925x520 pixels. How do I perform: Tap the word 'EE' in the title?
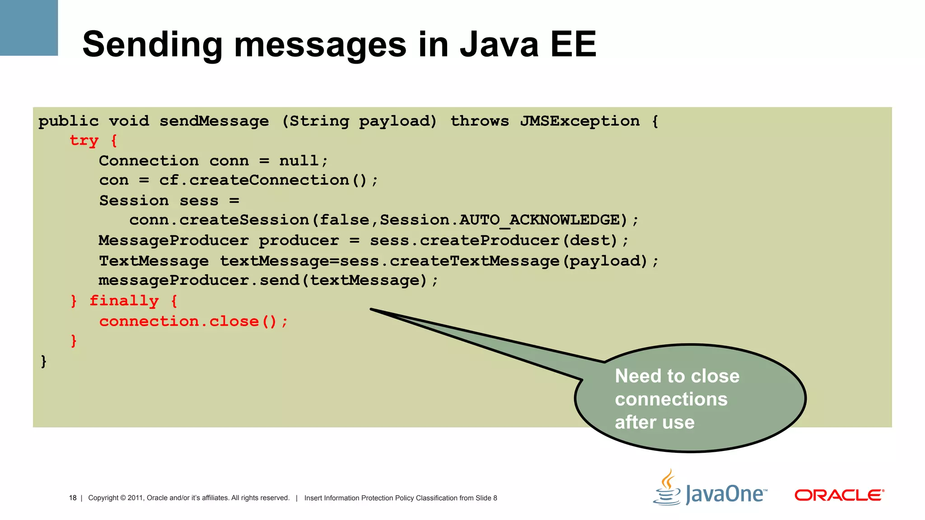[573, 44]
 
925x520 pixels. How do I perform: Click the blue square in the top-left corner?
[28, 28]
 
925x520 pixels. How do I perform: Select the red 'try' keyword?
[84, 140]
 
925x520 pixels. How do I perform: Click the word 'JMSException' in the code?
[579, 121]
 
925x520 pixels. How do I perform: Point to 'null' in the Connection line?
[299, 161]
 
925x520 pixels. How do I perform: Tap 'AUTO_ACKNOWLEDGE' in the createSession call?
[539, 220]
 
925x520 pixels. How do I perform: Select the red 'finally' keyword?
[124, 301]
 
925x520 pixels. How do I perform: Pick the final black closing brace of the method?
[43, 361]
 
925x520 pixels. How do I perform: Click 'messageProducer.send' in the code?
[199, 280]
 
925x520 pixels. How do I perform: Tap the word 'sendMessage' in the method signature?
[214, 121]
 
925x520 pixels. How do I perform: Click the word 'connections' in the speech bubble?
[671, 399]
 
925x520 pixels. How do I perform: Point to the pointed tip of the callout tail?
[372, 309]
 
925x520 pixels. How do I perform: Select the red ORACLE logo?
[839, 495]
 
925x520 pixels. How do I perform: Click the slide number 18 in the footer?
[73, 498]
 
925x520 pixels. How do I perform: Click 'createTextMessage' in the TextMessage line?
[474, 261]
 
